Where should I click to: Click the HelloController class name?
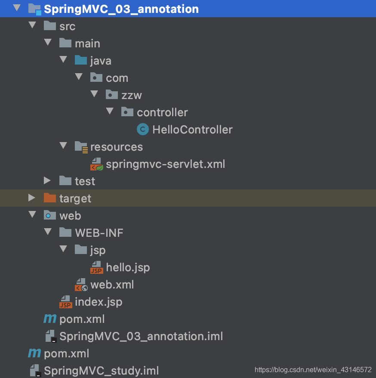coord(192,130)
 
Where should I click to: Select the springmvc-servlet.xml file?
coord(166,164)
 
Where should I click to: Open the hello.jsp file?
coord(128,268)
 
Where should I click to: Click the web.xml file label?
coord(112,285)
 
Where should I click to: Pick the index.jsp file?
coord(99,302)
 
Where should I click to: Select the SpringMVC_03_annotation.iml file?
coord(141,336)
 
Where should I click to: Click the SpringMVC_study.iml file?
coord(102,371)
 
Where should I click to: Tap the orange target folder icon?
coord(50,198)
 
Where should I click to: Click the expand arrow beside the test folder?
coord(47,180)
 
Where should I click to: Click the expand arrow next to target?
coord(31,198)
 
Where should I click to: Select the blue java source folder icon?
coord(81,60)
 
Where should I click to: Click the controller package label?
coord(162,112)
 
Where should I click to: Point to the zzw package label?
coord(132,96)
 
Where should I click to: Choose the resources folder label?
coord(117,147)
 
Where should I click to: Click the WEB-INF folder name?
coord(99,233)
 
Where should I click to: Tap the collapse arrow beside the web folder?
coord(32,214)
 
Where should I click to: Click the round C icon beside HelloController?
coord(143,130)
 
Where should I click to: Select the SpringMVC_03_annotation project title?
coord(121,9)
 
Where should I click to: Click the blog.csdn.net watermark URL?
coord(313,370)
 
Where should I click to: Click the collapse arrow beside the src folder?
coord(32,25)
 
